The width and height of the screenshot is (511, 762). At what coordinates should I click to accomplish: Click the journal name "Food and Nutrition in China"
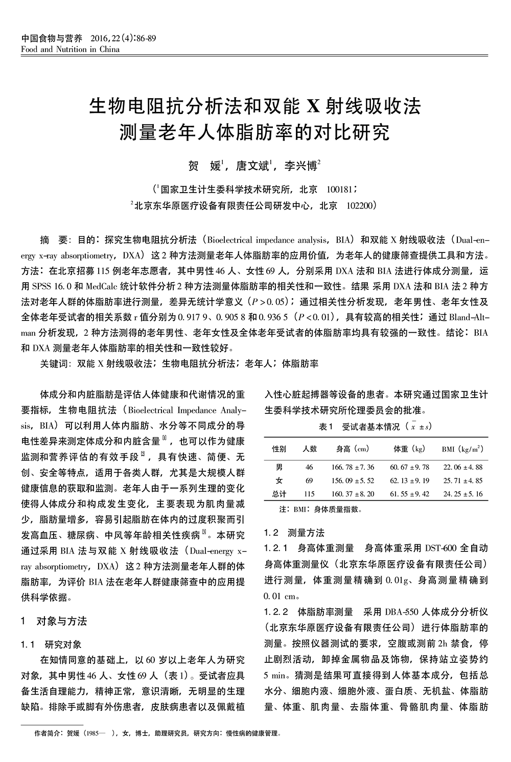[x=71, y=50]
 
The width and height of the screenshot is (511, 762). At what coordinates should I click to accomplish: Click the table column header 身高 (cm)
[x=353, y=449]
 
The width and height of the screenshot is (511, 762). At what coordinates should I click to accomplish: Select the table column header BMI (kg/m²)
[x=462, y=449]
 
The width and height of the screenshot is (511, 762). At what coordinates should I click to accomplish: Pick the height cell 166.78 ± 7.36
[x=353, y=467]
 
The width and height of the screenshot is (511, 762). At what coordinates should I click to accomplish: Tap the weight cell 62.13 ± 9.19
[x=409, y=481]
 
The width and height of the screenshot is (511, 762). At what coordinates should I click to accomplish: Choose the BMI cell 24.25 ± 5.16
[x=462, y=494]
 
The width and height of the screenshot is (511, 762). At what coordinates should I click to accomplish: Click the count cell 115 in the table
[x=309, y=494]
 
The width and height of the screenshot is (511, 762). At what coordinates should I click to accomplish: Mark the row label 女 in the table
[x=279, y=481]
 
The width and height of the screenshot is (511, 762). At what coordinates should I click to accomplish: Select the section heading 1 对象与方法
[x=54, y=621]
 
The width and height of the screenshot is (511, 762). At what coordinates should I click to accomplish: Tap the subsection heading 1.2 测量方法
[x=294, y=533]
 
